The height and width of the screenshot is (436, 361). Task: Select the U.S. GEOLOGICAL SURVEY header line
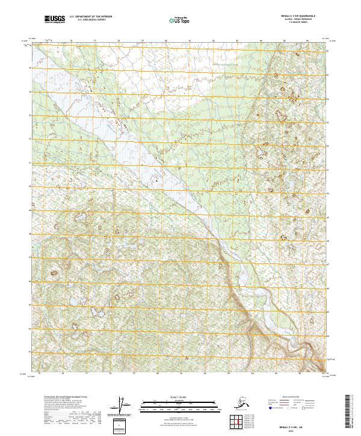tap(85, 22)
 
